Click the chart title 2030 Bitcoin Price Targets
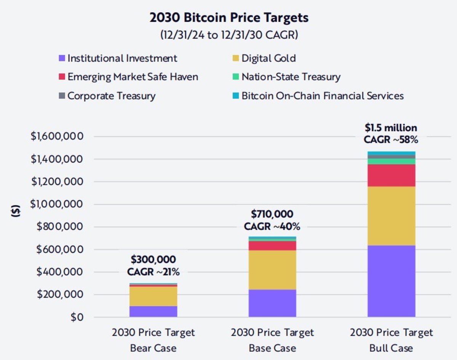pos(229,18)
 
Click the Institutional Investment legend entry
pos(122,58)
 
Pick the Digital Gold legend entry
pos(268,58)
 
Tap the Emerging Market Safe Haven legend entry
pos(133,77)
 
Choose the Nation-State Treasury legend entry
pos(291,77)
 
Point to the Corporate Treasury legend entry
pos(111,95)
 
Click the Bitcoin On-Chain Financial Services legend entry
pos(322,95)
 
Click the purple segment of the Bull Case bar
pos(391,281)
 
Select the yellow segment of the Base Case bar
pos(272,270)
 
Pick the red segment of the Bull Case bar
pos(391,175)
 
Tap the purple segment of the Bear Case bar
pos(153,311)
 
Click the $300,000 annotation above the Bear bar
pos(153,260)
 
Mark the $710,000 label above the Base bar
pos(272,214)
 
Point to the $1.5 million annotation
pos(391,128)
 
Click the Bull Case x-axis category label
pos(391,340)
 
